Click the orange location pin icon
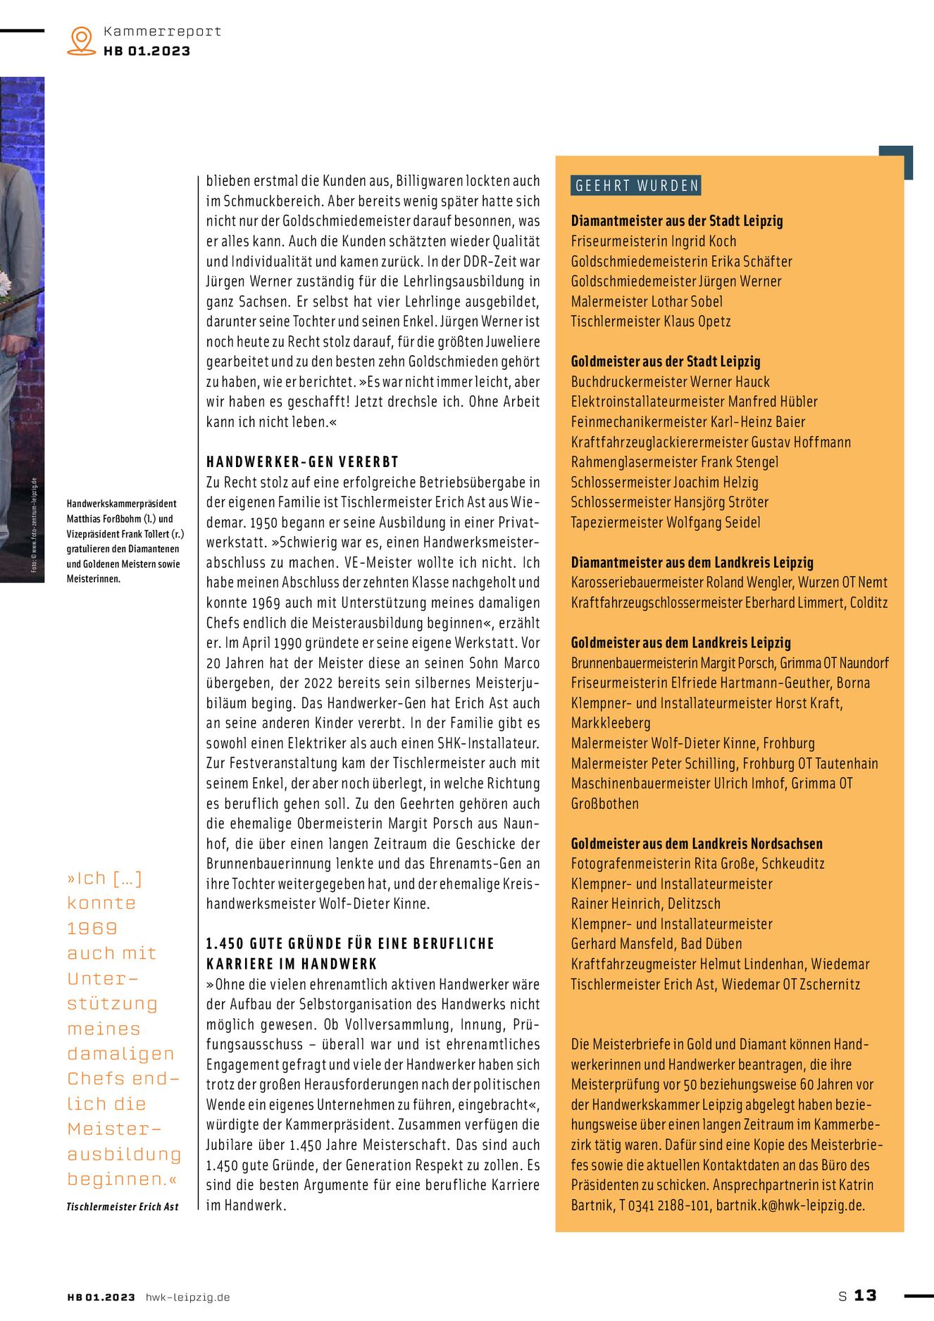click(x=82, y=40)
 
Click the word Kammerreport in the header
click(x=162, y=31)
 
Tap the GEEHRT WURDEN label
click(x=636, y=185)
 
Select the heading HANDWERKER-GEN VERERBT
click(x=302, y=462)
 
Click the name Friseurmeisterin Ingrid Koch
click(x=653, y=241)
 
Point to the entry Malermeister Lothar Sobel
click(x=646, y=302)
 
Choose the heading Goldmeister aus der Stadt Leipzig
click(x=665, y=361)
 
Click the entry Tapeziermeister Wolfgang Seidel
click(x=665, y=523)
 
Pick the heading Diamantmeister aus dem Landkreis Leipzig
click(x=692, y=563)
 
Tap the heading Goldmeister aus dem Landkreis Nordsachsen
click(x=696, y=844)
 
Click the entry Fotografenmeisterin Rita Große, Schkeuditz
click(x=697, y=864)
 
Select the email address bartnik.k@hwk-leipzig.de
click(x=790, y=1205)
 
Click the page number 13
click(x=865, y=1296)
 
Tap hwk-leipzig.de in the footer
click(x=187, y=1297)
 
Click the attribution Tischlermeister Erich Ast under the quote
click(x=123, y=1207)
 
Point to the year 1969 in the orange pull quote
click(x=92, y=929)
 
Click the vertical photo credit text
click(x=34, y=524)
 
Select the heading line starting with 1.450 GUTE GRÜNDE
click(x=350, y=944)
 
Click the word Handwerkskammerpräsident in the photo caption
click(x=121, y=504)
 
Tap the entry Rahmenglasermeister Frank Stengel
click(x=674, y=462)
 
